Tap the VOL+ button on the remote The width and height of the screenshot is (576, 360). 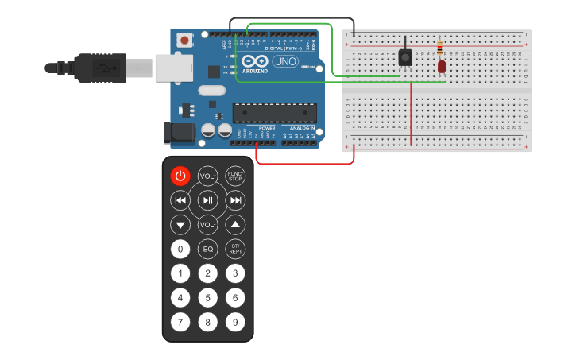(x=207, y=176)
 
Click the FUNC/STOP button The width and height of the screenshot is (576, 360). (x=235, y=176)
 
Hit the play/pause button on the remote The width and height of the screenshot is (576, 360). (x=207, y=200)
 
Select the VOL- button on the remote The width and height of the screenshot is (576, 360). (x=207, y=225)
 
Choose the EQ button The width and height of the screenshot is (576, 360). (x=207, y=249)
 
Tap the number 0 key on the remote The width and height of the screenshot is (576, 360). (x=180, y=249)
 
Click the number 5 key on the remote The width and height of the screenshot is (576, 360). (x=207, y=298)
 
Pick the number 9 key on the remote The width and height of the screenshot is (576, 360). (x=235, y=323)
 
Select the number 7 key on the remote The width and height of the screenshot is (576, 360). (x=180, y=323)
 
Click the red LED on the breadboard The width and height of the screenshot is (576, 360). (x=441, y=67)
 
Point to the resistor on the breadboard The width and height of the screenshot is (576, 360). (x=440, y=48)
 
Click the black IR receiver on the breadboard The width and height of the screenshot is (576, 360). (x=405, y=57)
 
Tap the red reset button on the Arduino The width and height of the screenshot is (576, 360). (x=184, y=39)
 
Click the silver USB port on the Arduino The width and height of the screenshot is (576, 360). (x=173, y=68)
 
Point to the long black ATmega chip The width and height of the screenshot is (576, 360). (x=274, y=113)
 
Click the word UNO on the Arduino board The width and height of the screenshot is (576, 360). (x=285, y=61)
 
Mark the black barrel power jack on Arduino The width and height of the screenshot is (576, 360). (x=179, y=133)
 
